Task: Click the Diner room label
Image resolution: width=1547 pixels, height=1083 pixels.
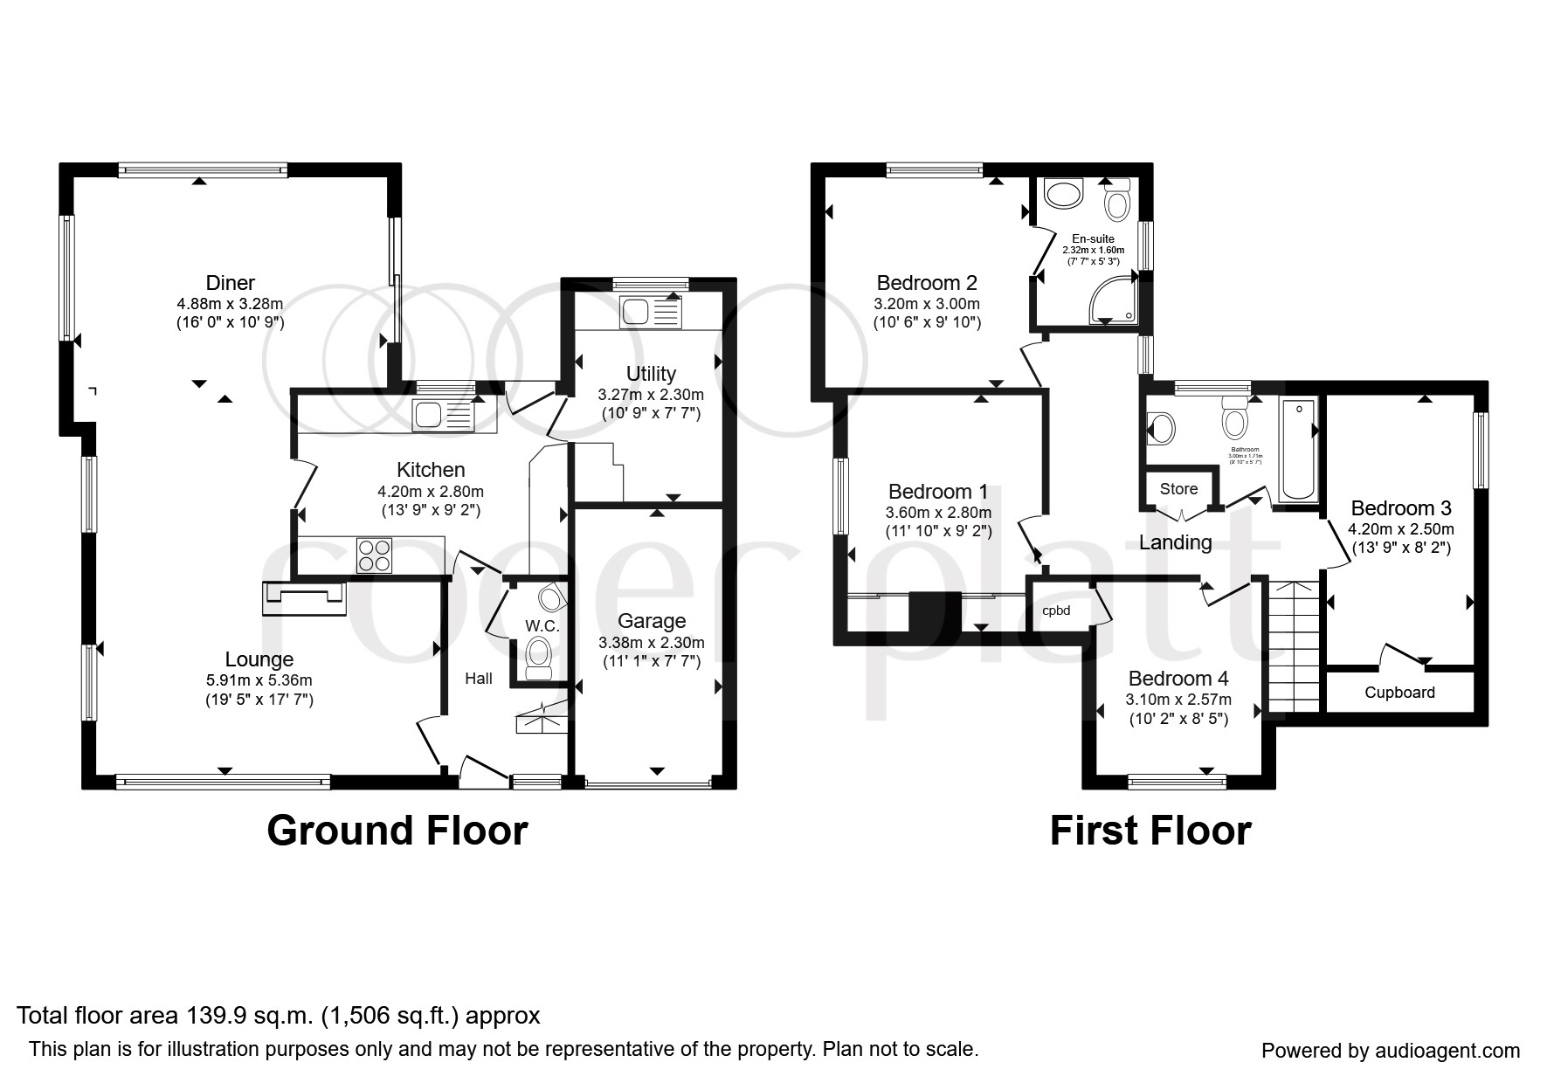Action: tap(230, 283)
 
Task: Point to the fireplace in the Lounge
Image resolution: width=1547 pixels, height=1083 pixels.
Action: tap(303, 597)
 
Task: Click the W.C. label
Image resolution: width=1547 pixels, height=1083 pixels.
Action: tap(542, 626)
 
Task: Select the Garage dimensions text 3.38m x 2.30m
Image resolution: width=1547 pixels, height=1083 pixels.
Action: tap(651, 643)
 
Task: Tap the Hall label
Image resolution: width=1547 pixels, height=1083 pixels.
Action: tap(478, 679)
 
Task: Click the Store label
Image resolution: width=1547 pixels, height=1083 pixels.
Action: tap(1178, 489)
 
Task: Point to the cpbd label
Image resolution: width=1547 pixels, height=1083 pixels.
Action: tap(1056, 610)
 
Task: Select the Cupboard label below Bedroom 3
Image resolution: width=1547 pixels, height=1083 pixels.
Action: tap(1399, 693)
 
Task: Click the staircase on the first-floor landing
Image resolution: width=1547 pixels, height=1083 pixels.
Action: tap(1292, 646)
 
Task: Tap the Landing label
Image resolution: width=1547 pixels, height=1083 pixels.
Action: tap(1175, 542)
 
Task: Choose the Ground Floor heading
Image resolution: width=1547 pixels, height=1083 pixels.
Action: tap(397, 831)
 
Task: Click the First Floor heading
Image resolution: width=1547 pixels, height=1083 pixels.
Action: tap(1150, 831)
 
